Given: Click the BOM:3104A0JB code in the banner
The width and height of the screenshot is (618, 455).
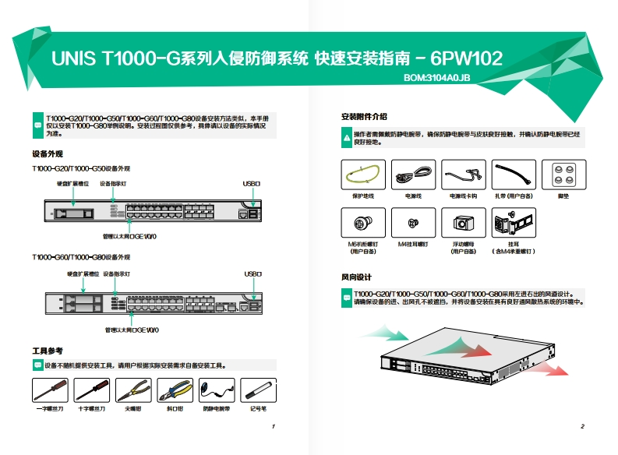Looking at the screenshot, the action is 436,78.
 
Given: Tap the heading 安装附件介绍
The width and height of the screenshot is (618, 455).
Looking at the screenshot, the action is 364,117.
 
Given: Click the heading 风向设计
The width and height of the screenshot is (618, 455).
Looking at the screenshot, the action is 356,277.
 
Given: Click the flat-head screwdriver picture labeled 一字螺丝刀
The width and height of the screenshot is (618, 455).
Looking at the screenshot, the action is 50,389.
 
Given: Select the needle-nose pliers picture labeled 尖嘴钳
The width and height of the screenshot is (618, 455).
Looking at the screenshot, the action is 132,389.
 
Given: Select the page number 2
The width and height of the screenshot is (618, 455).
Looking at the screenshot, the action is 582,427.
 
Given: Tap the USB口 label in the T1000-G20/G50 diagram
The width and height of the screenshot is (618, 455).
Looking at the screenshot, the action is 251,184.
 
